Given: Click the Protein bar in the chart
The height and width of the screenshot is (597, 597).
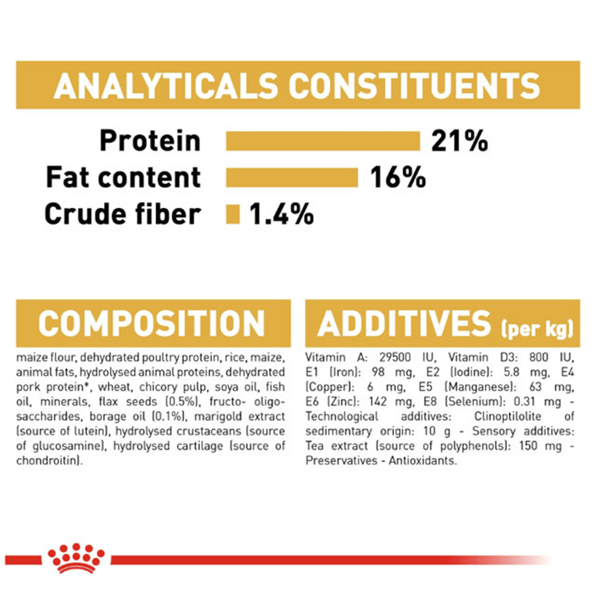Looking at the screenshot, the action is click(x=323, y=141).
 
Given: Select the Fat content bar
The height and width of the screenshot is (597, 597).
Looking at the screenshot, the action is click(x=292, y=177).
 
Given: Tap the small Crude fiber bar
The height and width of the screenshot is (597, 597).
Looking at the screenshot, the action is click(x=233, y=214).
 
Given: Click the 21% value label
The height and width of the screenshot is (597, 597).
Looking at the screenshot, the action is click(x=460, y=141).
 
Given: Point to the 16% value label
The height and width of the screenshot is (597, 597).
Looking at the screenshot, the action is click(x=398, y=177).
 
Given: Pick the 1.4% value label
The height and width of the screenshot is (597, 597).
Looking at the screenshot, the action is click(x=282, y=214).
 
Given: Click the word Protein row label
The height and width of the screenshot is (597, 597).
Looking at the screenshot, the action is click(x=150, y=141).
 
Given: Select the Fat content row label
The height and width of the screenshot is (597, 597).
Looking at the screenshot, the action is click(x=124, y=177).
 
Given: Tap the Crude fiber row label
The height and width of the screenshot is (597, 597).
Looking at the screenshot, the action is click(x=122, y=214).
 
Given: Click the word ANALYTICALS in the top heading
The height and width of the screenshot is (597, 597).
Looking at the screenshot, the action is click(x=166, y=85).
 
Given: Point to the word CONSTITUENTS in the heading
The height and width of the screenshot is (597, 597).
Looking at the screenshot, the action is click(x=414, y=85).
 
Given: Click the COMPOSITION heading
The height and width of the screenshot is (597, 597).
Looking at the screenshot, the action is click(x=152, y=323).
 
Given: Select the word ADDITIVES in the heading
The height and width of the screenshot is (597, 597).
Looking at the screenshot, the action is click(x=404, y=323).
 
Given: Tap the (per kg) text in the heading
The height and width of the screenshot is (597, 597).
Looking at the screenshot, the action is click(x=537, y=328).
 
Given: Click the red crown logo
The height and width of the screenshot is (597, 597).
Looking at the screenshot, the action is click(x=76, y=558).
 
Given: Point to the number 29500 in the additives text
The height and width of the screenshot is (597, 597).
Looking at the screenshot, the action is click(x=395, y=357).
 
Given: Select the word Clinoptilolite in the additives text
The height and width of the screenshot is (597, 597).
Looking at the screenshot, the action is click(x=507, y=416).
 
